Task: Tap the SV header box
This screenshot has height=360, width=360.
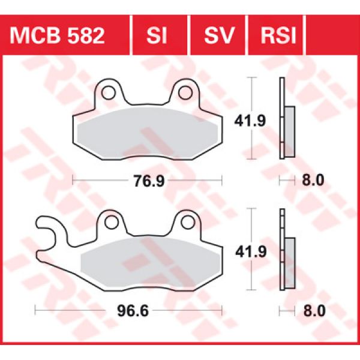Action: (x=219, y=35)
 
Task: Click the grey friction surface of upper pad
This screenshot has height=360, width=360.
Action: (x=147, y=133)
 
